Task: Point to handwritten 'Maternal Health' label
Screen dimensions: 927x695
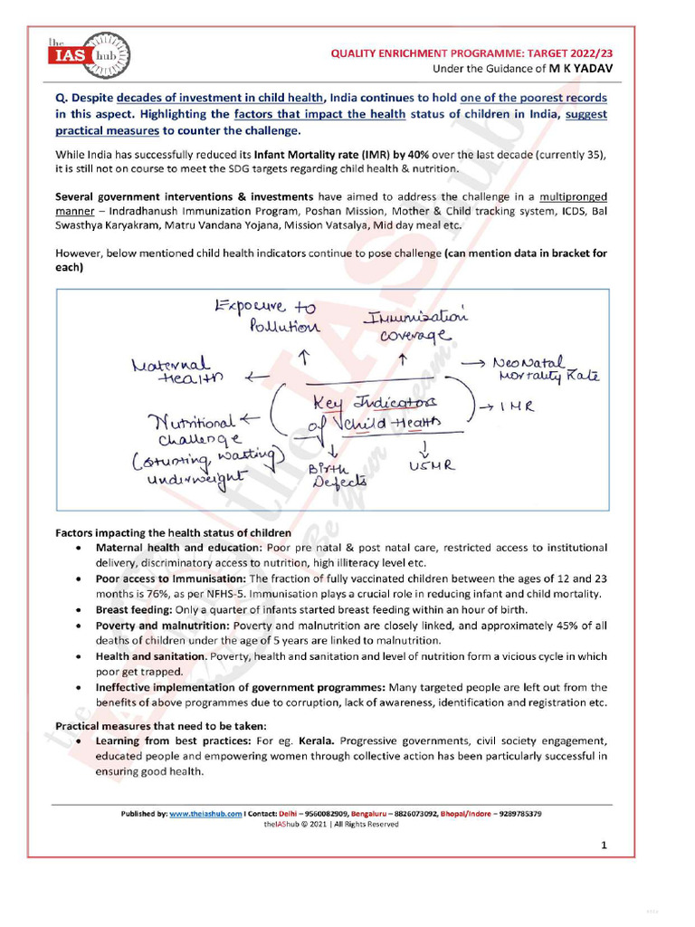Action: pos(176,372)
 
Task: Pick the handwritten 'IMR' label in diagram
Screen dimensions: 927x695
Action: pos(515,406)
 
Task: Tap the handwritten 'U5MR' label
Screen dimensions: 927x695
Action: pos(426,465)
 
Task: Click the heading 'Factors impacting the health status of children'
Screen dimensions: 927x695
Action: pos(174,532)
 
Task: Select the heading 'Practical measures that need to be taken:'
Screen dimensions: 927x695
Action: pos(161,726)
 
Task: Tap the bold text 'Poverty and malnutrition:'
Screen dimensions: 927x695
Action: pos(163,626)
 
